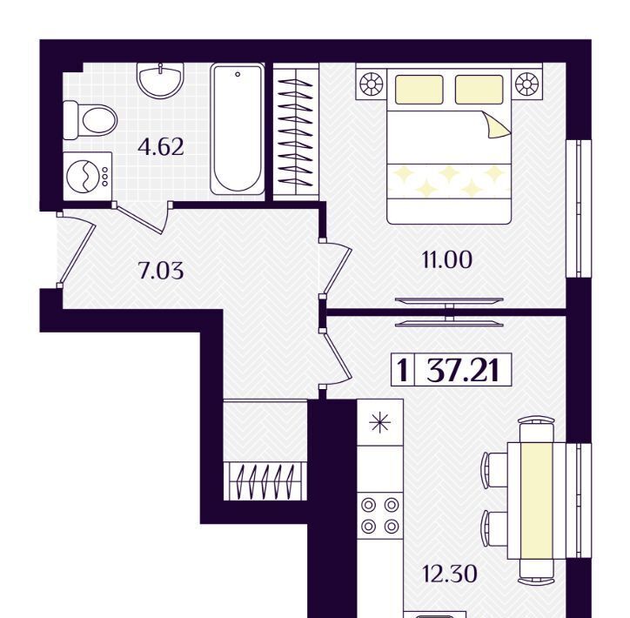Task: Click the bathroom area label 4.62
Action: coord(161,146)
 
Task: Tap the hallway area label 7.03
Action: coord(161,270)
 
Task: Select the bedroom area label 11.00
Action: coord(447,259)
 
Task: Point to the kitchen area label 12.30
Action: coord(450,574)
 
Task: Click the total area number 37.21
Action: coord(463,370)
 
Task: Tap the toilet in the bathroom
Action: coord(90,120)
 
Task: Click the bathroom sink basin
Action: coord(160,81)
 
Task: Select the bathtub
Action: coord(238,130)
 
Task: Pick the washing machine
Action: coord(88,176)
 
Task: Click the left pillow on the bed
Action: coord(419,89)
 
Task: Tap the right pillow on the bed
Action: coord(479,89)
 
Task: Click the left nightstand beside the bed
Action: coord(372,85)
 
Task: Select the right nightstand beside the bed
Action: coord(526,85)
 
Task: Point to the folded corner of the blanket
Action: coord(497,125)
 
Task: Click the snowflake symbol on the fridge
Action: coord(380,422)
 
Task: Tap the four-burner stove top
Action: coord(380,515)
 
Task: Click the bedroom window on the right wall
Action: coord(579,209)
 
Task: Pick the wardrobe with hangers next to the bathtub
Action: coord(296,131)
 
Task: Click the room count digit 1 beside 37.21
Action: coord(402,370)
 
